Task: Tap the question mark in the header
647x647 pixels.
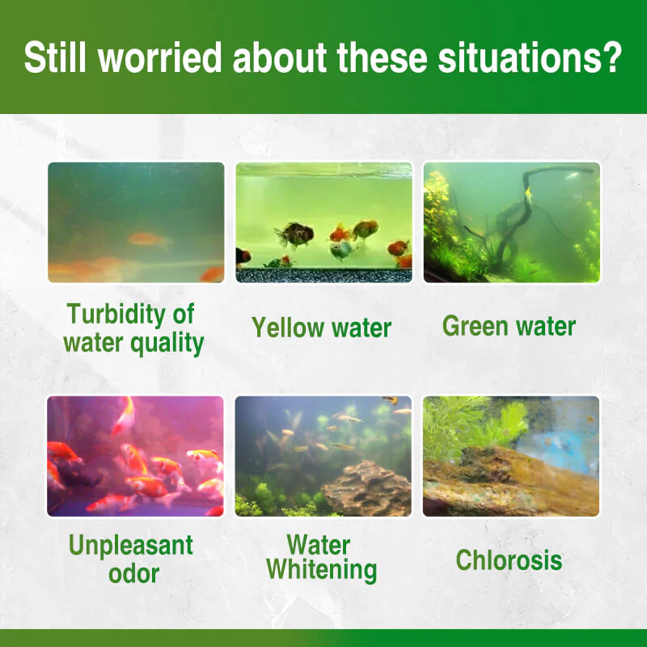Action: click(x=611, y=58)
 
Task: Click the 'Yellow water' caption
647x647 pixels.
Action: click(x=321, y=328)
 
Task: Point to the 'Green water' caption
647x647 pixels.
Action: click(x=509, y=326)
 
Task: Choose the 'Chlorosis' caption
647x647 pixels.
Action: click(x=509, y=560)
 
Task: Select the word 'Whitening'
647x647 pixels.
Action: click(x=321, y=570)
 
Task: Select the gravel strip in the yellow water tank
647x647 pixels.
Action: click(x=323, y=274)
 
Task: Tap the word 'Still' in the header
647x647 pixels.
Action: click(x=53, y=58)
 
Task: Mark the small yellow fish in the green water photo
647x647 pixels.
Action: click(x=527, y=193)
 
